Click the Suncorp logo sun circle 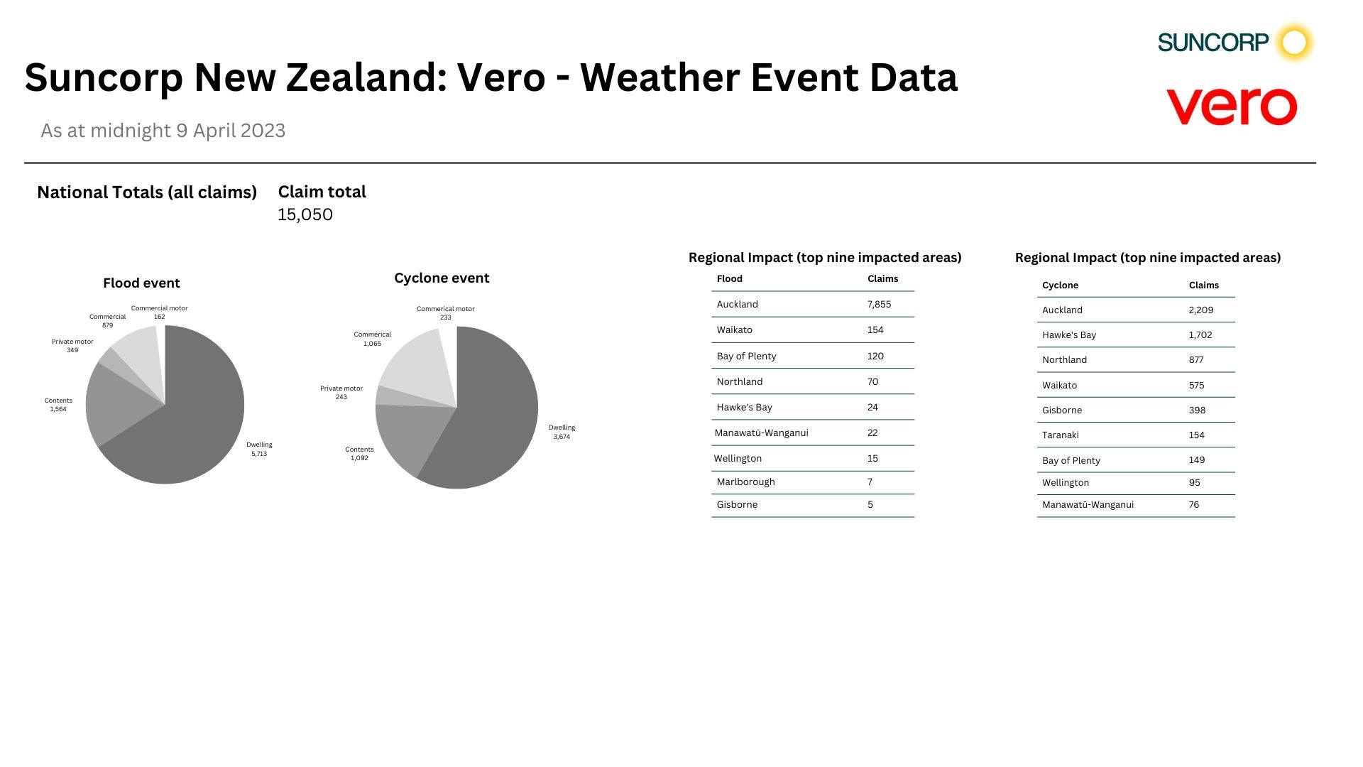(1294, 43)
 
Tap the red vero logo (1232, 107)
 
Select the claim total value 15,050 (305, 214)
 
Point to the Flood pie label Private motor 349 (72, 346)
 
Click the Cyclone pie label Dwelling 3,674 (562, 432)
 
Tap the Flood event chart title (141, 283)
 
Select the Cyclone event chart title (442, 278)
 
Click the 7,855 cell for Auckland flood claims (879, 304)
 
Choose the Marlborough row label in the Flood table (745, 482)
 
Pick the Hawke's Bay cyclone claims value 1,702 (1200, 334)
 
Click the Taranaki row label (1060, 435)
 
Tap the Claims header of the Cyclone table (1203, 285)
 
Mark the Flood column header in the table (729, 278)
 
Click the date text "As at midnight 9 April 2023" (163, 131)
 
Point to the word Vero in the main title (501, 77)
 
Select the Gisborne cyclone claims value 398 (1197, 410)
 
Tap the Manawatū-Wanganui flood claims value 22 (872, 433)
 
